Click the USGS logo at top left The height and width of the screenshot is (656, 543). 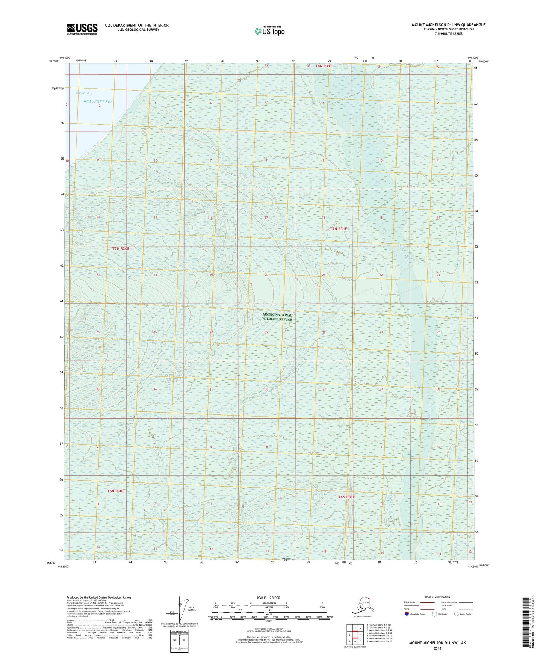[82, 29]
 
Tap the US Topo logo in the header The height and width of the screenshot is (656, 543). [269, 31]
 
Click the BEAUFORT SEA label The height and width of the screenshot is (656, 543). [98, 101]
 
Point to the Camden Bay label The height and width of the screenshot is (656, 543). [83, 93]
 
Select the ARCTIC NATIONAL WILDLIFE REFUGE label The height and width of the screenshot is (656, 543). [277, 317]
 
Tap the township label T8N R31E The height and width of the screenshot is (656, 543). [324, 66]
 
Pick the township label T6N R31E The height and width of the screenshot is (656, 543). [346, 497]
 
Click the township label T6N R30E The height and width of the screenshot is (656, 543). [115, 491]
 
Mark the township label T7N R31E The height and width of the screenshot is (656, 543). [338, 229]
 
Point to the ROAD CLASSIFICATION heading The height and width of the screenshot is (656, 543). [437, 597]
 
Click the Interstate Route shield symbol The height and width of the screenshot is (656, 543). [407, 614]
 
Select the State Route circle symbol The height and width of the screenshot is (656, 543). [457, 614]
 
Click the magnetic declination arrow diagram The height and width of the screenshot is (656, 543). [184, 611]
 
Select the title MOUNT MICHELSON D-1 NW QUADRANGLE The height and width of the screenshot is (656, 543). [448, 25]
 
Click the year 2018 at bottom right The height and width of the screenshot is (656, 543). [437, 648]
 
